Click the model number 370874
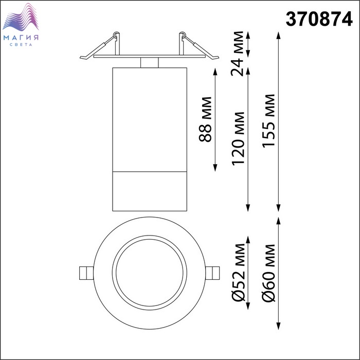pos(319,20)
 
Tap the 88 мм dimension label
pos(205,119)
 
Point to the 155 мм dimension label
pos(268,121)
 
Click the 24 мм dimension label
pos(237,53)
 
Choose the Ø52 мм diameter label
pos(239,273)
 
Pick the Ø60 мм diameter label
pos(268,273)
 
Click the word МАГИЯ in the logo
pos(21,38)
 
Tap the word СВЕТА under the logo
pos(21,45)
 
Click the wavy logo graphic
pos(21,17)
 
